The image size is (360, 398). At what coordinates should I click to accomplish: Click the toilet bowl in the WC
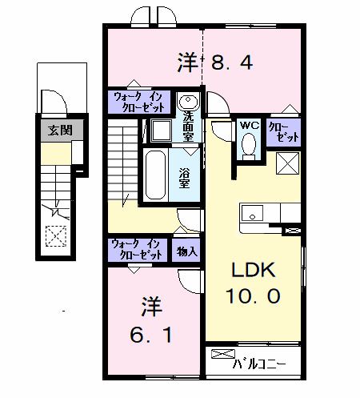248,145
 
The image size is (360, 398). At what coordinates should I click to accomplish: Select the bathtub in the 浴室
155,175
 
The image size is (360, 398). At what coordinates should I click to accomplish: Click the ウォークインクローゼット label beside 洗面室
139,102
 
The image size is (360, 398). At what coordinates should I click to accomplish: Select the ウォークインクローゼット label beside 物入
138,250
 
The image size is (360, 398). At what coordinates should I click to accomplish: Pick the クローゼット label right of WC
282,131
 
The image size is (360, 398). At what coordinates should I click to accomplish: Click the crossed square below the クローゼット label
286,163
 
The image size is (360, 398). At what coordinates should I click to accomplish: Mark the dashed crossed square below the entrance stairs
56,235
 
